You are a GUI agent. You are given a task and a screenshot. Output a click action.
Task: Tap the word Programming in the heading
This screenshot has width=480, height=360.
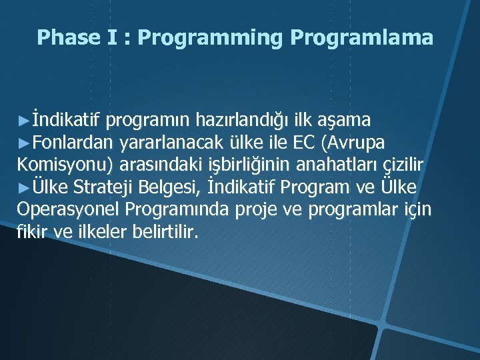(x=211, y=39)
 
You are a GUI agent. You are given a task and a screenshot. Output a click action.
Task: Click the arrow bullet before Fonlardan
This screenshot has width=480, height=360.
(x=23, y=142)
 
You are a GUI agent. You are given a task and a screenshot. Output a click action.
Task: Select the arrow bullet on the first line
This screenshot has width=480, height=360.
(x=23, y=120)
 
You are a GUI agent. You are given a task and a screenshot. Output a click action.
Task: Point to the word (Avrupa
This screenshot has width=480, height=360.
(x=353, y=143)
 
